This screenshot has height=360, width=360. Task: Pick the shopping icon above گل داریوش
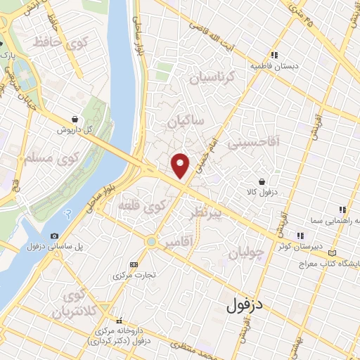point(75,120)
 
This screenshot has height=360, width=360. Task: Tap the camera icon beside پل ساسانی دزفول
point(55,236)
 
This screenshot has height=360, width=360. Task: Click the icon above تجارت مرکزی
point(134,264)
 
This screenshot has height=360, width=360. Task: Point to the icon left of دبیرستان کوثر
point(300,236)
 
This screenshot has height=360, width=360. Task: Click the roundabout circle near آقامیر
point(150,242)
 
